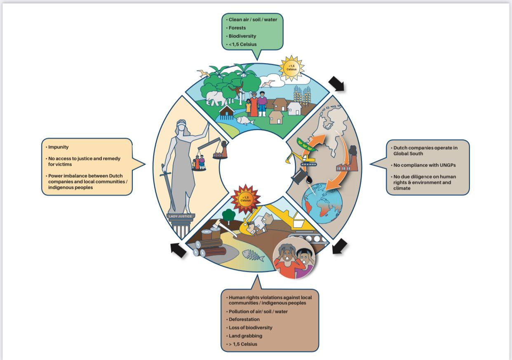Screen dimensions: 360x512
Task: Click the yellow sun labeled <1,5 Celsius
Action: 292,67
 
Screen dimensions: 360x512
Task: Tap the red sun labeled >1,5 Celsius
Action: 246,199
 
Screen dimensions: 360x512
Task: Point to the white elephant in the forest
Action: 216,98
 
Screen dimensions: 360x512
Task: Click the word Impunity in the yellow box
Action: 58,147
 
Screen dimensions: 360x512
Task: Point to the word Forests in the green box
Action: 237,28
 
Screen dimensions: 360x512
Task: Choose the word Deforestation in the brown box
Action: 244,319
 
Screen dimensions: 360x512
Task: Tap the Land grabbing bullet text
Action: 246,336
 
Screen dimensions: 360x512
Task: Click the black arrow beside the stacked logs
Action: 178,250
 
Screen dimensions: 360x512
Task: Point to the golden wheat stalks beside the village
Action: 302,96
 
